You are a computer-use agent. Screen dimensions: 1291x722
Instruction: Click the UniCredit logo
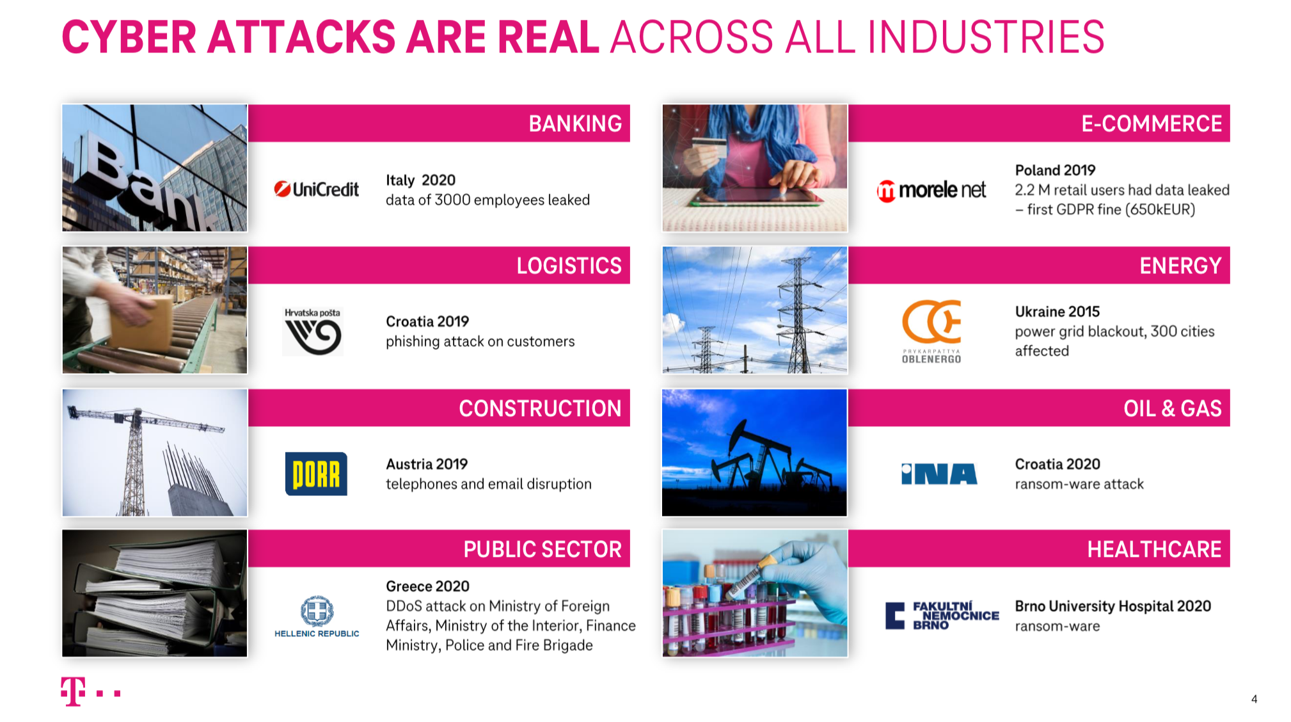316,189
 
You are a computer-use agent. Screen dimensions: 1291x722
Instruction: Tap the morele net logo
931,190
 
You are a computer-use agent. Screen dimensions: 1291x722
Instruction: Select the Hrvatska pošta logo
313,332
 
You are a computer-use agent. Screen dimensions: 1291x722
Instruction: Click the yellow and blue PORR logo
316,474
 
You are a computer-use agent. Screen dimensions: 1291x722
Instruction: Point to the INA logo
939,474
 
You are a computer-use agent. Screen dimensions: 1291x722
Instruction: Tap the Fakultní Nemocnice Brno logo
942,616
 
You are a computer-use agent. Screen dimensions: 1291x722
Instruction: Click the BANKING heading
575,124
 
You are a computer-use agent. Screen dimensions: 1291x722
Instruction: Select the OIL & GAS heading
1173,408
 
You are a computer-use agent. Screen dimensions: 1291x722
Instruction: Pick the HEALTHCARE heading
1154,549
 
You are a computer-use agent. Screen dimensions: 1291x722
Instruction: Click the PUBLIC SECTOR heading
543,549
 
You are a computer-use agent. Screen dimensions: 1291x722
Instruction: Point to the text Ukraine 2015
1057,312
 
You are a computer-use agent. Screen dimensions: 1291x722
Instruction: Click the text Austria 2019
427,464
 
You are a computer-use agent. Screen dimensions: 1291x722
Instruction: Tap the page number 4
1254,699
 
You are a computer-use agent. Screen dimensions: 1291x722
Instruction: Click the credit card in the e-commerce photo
709,148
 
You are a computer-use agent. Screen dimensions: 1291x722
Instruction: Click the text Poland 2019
1055,170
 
